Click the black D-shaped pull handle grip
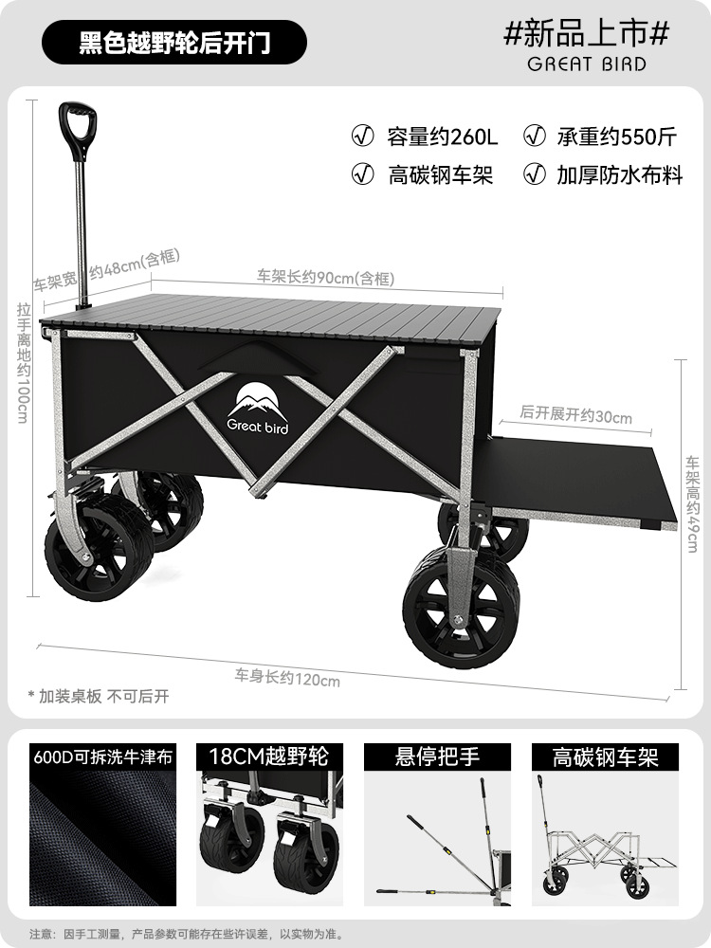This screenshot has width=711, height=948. (79, 121)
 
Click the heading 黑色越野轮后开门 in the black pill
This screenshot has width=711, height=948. (173, 43)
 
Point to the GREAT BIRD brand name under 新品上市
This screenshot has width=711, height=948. (587, 64)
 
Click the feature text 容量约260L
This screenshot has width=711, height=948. (442, 137)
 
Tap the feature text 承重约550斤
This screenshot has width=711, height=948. (616, 137)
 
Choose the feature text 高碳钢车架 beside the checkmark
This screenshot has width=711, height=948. (441, 175)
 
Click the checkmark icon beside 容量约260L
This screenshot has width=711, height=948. (362, 136)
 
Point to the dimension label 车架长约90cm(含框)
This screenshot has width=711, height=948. (325, 278)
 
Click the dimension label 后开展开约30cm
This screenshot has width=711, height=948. (576, 415)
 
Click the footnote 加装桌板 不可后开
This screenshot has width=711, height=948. (99, 696)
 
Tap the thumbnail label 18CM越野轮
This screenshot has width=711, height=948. (266, 757)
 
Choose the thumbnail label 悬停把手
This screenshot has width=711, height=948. (437, 757)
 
